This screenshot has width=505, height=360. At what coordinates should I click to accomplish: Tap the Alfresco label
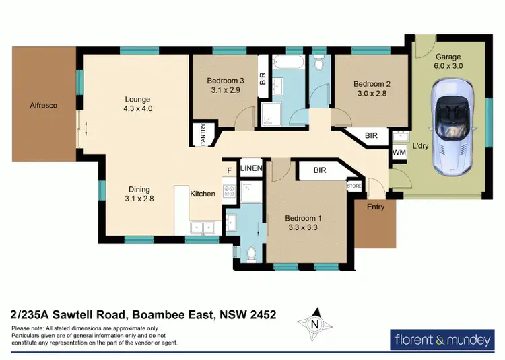point(43,106)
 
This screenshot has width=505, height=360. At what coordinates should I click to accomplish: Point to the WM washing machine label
point(399,154)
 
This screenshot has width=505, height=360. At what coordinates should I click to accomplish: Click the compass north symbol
point(314,324)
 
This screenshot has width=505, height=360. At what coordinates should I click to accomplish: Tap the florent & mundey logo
point(442,340)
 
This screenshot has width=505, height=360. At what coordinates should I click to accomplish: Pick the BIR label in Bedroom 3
point(263,79)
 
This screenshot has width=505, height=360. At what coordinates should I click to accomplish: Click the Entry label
point(376,207)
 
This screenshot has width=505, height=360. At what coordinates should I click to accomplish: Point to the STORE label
point(354,185)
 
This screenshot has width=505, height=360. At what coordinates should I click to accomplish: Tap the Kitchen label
point(202,194)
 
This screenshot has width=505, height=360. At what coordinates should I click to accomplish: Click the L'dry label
point(422,145)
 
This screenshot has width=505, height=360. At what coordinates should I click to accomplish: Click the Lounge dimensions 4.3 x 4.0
point(137,108)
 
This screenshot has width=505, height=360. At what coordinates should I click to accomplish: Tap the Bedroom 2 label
point(372,84)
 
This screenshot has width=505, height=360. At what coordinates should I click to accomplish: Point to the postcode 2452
point(260,314)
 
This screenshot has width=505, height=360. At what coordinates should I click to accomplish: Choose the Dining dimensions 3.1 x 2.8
point(139,199)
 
